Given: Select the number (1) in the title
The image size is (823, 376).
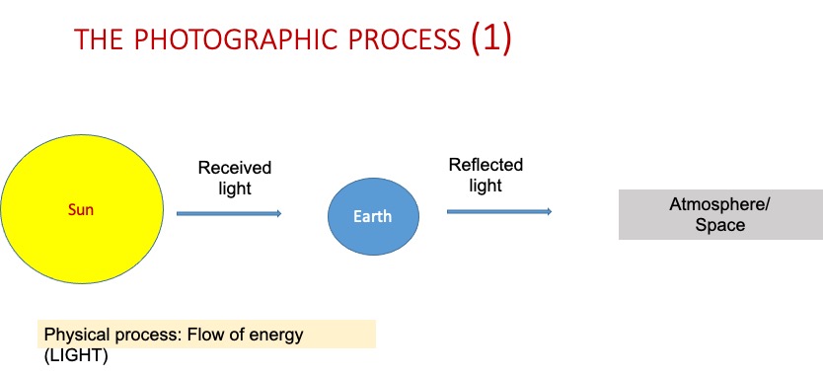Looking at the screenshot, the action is pyautogui.click(x=490, y=38).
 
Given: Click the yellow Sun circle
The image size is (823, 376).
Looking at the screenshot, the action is pyautogui.click(x=82, y=209).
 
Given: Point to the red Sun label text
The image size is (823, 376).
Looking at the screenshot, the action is pyautogui.click(x=81, y=210).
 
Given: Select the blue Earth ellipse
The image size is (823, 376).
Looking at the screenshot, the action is pyautogui.click(x=373, y=216).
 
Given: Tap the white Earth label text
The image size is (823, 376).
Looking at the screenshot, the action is pyautogui.click(x=372, y=216).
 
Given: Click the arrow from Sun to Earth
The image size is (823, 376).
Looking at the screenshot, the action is pyautogui.click(x=229, y=213).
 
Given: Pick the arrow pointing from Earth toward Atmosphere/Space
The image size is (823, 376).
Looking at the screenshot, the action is pyautogui.click(x=499, y=211).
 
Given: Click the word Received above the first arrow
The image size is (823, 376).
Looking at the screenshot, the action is pyautogui.click(x=235, y=168).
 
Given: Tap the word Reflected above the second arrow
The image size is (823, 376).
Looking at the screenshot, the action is pyautogui.click(x=486, y=165).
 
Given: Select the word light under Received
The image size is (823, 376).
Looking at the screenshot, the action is pyautogui.click(x=235, y=188).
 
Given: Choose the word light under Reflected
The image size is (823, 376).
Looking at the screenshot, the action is pyautogui.click(x=486, y=186).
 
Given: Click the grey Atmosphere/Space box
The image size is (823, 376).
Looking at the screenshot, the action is pyautogui.click(x=720, y=215).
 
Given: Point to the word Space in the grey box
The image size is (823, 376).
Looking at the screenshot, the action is pyautogui.click(x=720, y=225).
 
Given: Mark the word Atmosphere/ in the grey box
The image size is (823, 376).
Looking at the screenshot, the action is pyautogui.click(x=720, y=204).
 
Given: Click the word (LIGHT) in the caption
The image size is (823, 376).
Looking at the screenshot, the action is pyautogui.click(x=76, y=356).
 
